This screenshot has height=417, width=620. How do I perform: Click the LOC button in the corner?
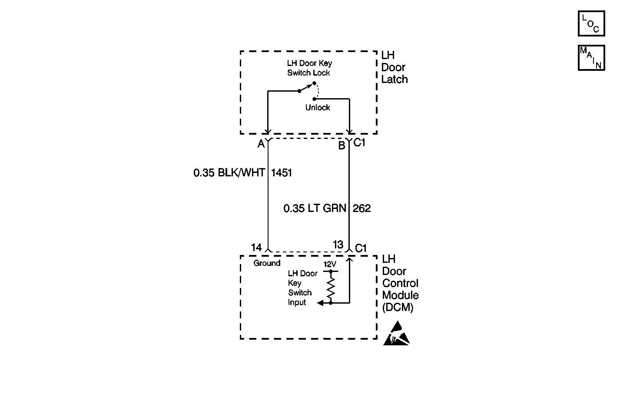pyautogui.click(x=591, y=23)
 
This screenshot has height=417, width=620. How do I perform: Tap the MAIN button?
pyautogui.click(x=591, y=58)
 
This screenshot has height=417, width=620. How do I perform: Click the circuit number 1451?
pyautogui.click(x=282, y=173)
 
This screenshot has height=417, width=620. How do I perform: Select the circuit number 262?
pyautogui.click(x=361, y=208)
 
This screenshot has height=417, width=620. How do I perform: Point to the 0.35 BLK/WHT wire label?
pyautogui.click(x=229, y=173)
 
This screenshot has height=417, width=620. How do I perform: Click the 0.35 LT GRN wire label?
pyautogui.click(x=315, y=208)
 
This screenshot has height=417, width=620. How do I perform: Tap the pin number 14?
pyautogui.click(x=256, y=247)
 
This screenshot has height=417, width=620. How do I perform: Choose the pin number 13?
pyautogui.click(x=338, y=245)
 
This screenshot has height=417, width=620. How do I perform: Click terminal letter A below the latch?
pyautogui.click(x=261, y=144)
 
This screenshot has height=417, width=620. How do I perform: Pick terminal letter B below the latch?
pyautogui.click(x=341, y=146)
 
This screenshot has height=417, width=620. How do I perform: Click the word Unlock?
pyautogui.click(x=318, y=108)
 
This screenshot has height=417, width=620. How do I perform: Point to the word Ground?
pyautogui.click(x=267, y=263)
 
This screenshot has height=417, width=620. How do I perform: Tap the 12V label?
pyautogui.click(x=330, y=264)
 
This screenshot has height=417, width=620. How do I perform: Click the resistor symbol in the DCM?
pyautogui.click(x=331, y=287)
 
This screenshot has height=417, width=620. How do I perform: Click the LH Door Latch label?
pyautogui.click(x=394, y=67)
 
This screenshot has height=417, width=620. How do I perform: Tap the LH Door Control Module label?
pyautogui.click(x=400, y=283)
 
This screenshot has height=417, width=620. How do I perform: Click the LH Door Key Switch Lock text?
pyautogui.click(x=309, y=68)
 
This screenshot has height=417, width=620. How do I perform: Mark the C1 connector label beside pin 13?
pyautogui.click(x=361, y=248)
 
